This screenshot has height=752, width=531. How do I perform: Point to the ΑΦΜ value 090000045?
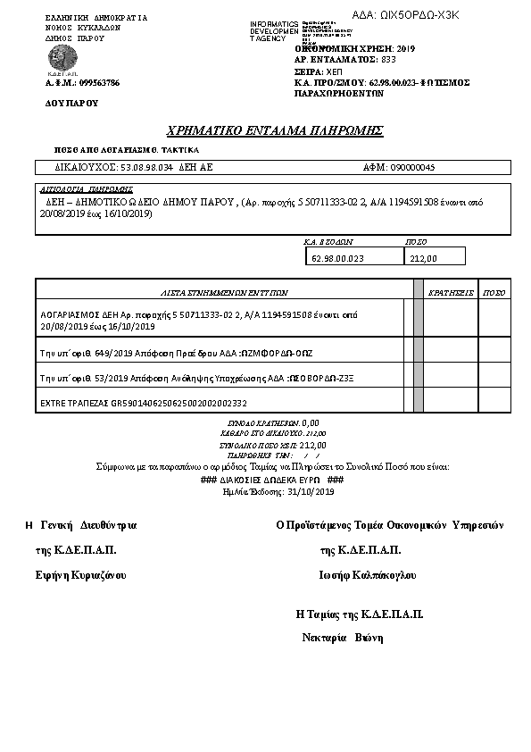tap(412, 167)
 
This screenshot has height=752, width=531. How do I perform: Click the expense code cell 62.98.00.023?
tap(338, 258)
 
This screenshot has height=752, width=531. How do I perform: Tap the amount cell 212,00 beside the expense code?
tap(423, 258)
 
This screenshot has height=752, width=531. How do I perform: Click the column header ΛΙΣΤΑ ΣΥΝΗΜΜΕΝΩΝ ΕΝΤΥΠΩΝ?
tap(224, 291)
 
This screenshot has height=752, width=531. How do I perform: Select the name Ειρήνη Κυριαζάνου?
tap(75, 575)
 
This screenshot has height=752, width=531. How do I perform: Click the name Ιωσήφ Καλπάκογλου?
tap(367, 575)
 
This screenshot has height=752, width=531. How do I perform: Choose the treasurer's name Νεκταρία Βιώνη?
tap(343, 638)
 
